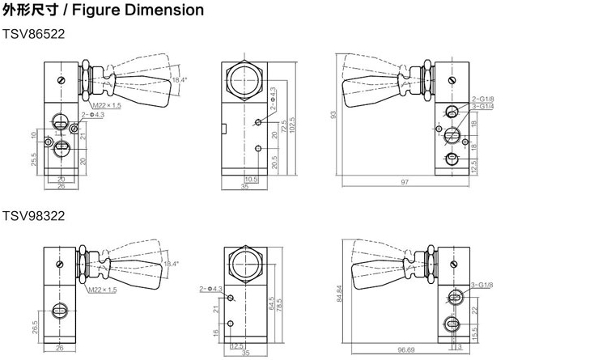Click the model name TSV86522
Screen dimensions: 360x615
[x=33, y=35]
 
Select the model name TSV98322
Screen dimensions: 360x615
[x=33, y=217]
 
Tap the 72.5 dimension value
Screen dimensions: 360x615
[x=282, y=129]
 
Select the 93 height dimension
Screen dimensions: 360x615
[x=333, y=115]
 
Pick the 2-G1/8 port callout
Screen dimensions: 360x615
[x=483, y=99]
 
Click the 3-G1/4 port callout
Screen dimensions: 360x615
[x=483, y=107]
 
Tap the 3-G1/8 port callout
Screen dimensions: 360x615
[x=482, y=286]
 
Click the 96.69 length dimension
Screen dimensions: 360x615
[x=405, y=350]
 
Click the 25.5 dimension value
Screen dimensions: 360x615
[x=32, y=159]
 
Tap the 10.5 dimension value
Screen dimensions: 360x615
[x=250, y=179]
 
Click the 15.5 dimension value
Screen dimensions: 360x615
[x=474, y=332]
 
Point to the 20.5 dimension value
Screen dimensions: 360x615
[x=274, y=162]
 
